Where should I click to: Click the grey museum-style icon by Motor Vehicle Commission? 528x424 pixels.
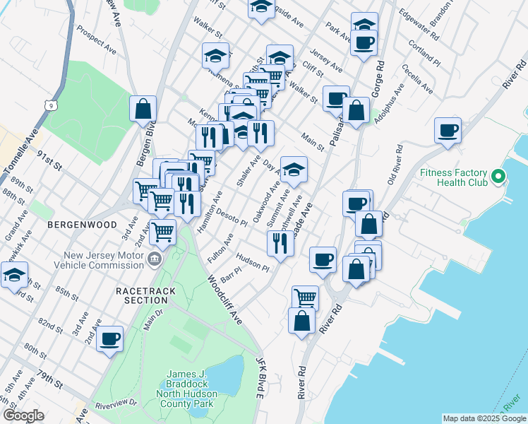tap(154, 261)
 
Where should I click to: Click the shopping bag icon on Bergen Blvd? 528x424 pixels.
tap(143, 109)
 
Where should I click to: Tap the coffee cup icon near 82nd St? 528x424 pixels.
tap(109, 338)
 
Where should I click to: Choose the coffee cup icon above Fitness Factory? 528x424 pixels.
tap(448, 130)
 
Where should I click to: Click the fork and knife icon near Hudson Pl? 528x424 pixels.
tap(280, 242)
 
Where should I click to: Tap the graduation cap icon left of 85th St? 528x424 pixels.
tap(14, 276)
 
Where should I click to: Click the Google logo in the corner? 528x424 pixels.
tap(23, 416)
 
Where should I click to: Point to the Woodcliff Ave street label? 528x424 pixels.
tap(225, 300)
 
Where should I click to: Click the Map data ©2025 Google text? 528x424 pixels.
tap(484, 418)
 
